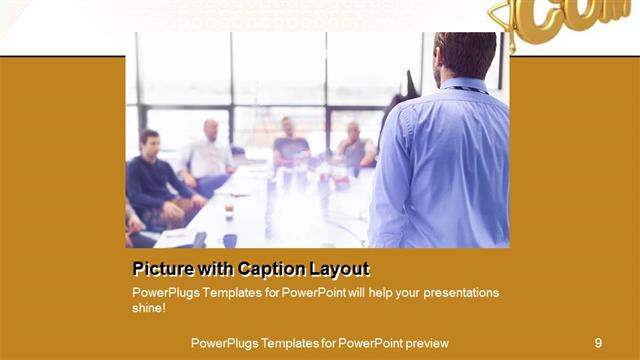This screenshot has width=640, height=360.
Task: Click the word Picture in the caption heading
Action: [163, 269]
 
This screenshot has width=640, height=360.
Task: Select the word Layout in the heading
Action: [343, 269]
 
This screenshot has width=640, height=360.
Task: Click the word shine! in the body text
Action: [149, 308]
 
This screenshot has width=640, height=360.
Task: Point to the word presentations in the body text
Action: [452, 293]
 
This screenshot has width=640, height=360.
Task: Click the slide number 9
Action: [598, 343]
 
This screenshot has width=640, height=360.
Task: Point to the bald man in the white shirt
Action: [210, 150]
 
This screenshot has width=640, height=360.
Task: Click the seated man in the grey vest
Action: [354, 145]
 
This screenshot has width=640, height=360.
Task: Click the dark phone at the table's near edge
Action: [200, 240]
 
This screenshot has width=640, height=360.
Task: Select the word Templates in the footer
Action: [282, 343]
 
